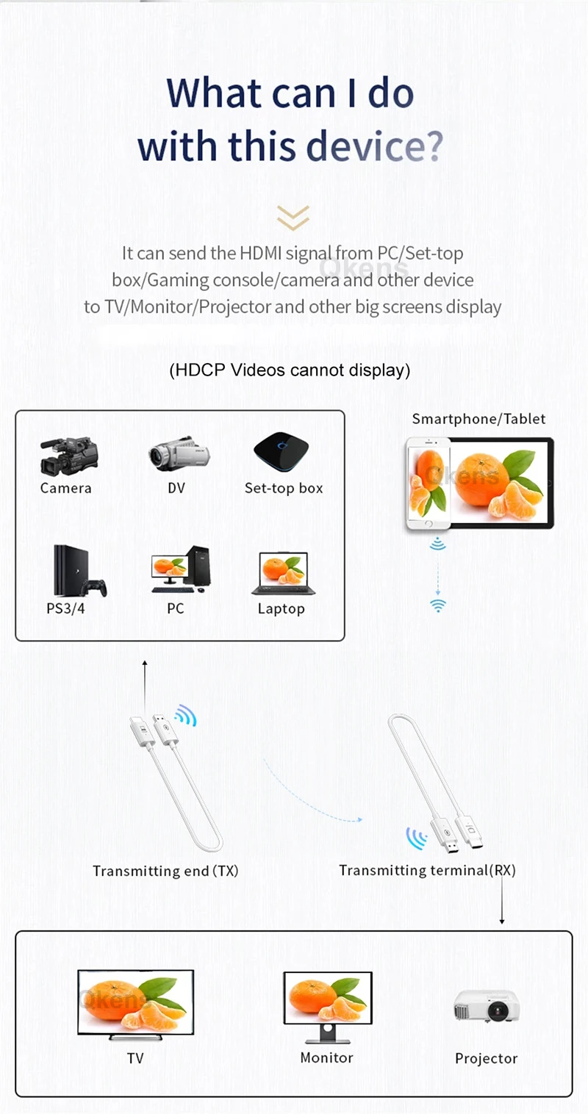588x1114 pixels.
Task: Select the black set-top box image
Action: click(282, 453)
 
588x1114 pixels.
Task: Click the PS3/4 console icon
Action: click(77, 572)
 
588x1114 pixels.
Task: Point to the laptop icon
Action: click(283, 573)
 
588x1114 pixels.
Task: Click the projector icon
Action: click(487, 1007)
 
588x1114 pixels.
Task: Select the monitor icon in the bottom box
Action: click(328, 1005)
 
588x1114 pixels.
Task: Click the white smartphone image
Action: click(428, 484)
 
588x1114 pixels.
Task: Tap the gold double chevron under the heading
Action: click(293, 217)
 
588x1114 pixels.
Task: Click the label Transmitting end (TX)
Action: click(165, 871)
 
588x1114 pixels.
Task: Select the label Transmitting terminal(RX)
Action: click(427, 870)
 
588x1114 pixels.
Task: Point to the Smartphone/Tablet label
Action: click(478, 419)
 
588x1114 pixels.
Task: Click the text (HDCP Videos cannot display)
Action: click(290, 370)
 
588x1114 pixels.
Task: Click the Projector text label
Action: click(486, 1058)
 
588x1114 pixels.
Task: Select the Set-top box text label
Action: click(284, 488)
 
